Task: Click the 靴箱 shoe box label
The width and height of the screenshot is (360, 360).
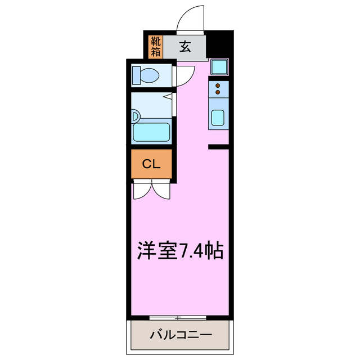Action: click(x=156, y=47)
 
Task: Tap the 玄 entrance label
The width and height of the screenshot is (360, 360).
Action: click(x=185, y=47)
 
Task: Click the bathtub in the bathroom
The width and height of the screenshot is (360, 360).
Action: click(x=151, y=132)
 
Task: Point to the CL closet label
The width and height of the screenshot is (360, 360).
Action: click(x=151, y=164)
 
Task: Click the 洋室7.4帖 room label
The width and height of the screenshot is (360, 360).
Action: click(x=181, y=250)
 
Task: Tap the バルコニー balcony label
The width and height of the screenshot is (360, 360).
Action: click(x=181, y=335)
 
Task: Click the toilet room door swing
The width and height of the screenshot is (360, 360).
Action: click(x=186, y=76)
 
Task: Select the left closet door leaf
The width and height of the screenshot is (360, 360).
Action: click(x=141, y=190)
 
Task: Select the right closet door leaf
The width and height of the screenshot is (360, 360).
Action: click(x=161, y=190)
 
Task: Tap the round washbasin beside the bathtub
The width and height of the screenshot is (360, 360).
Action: click(x=135, y=116)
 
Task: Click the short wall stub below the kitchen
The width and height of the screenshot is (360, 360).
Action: click(x=218, y=147)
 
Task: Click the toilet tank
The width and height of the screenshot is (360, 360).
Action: click(x=137, y=74)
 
